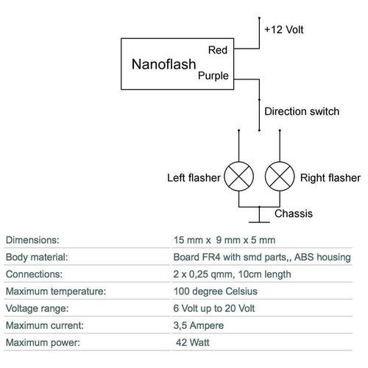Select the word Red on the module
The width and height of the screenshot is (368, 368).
pyautogui.click(x=218, y=50)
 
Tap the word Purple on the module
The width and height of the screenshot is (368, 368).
pyautogui.click(x=213, y=76)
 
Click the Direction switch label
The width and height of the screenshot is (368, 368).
pyautogui.click(x=302, y=112)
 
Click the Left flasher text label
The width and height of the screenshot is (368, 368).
pyautogui.click(x=194, y=178)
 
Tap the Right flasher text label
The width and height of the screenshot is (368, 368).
pyautogui.click(x=330, y=178)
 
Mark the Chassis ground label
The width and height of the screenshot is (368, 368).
pyautogui.click(x=293, y=214)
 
